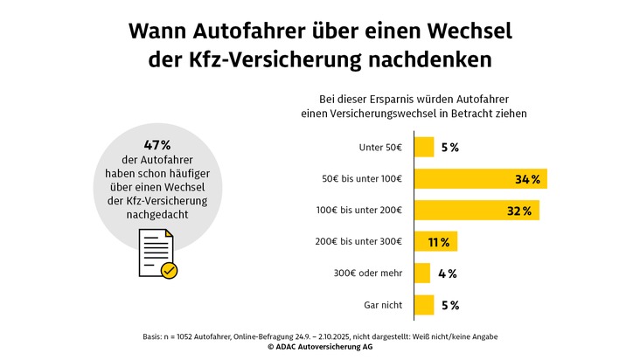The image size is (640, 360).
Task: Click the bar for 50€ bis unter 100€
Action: click(479, 179)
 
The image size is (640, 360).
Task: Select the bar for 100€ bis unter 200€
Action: click(476, 211)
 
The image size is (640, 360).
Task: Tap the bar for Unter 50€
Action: click(423, 147)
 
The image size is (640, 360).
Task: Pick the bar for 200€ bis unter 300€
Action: click(435, 242)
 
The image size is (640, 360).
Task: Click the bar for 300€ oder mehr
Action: click(421, 273)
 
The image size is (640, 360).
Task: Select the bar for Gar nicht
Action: click(423, 305)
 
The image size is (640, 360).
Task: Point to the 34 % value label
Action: click(528, 179)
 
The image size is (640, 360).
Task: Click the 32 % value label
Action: click(521, 211)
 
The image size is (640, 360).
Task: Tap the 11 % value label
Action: click(438, 242)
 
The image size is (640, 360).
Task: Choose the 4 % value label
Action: click(448, 273)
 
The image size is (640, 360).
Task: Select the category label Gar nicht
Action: click(383, 305)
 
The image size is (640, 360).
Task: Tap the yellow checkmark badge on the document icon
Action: click(170, 271)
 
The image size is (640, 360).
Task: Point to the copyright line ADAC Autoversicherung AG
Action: click(320, 347)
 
